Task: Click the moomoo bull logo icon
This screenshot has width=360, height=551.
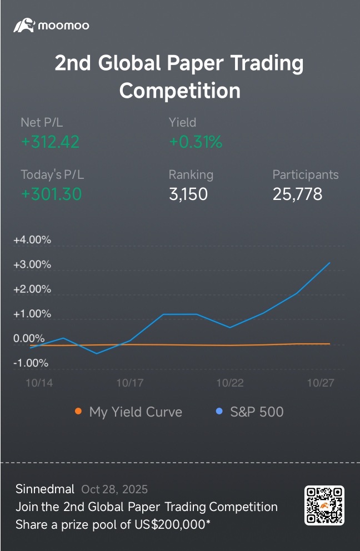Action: (24, 26)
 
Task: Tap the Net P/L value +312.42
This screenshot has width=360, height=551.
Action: (50, 142)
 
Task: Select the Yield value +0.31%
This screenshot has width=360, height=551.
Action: (196, 142)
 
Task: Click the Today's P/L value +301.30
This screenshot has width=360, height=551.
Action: (51, 194)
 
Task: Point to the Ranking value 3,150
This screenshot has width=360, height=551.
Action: (188, 194)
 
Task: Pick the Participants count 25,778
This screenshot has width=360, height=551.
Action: (297, 194)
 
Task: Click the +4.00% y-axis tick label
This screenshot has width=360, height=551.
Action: (32, 240)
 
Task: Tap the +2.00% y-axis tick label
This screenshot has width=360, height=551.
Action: (32, 289)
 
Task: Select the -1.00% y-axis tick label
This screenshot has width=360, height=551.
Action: (31, 363)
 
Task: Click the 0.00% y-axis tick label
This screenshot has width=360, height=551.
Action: (29, 338)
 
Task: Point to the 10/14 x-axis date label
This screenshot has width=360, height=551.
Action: (39, 383)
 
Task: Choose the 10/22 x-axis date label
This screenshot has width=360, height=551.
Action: (230, 383)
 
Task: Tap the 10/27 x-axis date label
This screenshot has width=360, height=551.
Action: (321, 383)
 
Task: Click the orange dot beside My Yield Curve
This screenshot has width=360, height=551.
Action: (78, 411)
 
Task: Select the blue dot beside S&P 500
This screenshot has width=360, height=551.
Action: (219, 411)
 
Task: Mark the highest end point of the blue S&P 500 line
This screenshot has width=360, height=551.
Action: (330, 263)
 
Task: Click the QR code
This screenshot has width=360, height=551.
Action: (324, 505)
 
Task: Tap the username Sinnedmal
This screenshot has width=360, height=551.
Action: (45, 489)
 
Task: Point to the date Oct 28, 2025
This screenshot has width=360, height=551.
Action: (114, 489)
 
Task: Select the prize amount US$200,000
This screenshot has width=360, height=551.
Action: (171, 525)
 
